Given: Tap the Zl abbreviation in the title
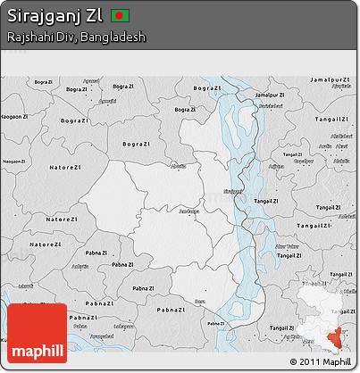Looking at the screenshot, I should [96, 17].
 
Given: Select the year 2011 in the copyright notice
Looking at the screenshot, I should [310, 362].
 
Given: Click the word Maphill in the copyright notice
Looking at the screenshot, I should [338, 362].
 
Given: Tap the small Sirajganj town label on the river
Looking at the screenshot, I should [232, 190].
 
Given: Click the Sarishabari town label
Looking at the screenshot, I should [264, 107].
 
